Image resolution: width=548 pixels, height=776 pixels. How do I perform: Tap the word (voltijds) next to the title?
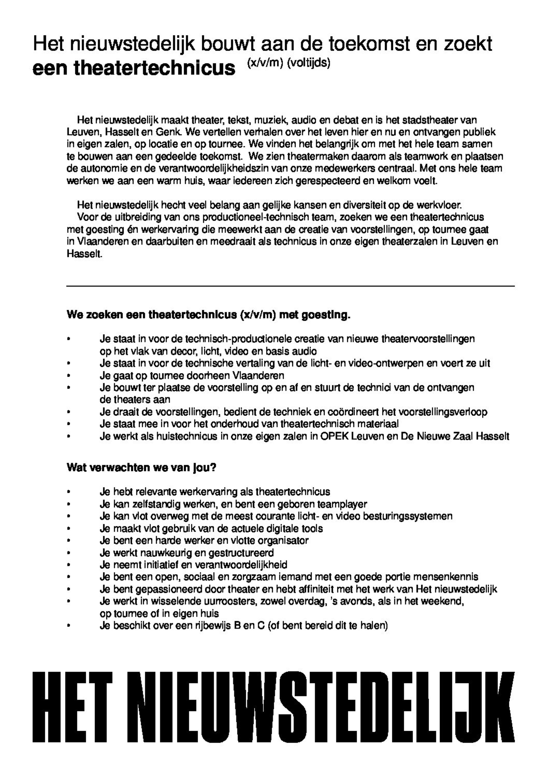pyautogui.click(x=308, y=63)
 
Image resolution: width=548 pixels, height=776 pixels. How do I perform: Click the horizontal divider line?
pyautogui.click(x=290, y=286)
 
